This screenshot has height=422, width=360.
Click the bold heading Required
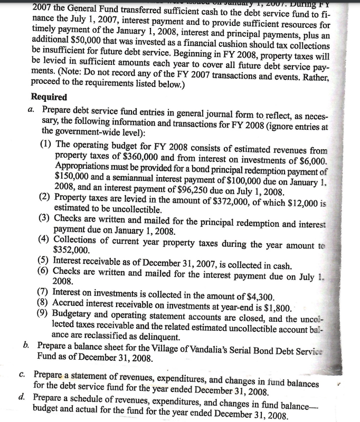49,97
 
